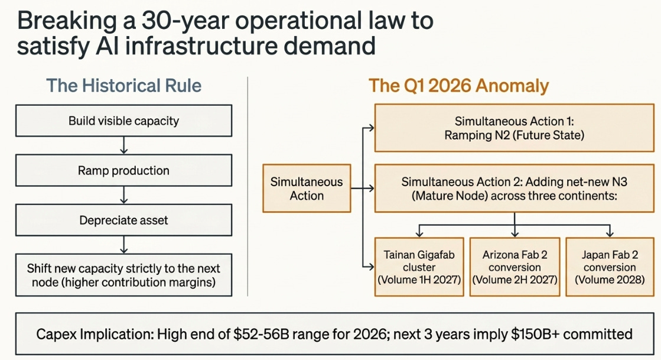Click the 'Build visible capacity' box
[123, 122]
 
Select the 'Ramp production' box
[123, 171]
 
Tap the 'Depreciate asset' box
[123, 220]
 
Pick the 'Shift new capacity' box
[123, 275]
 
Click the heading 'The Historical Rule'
[123, 86]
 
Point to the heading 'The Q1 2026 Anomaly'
[459, 86]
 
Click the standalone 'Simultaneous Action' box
[307, 189]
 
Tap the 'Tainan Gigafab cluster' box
[419, 267]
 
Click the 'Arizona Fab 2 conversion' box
[515, 267]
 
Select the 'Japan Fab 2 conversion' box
[610, 267]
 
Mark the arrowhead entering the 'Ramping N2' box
[370, 127]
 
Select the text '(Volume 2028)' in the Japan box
[610, 280]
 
